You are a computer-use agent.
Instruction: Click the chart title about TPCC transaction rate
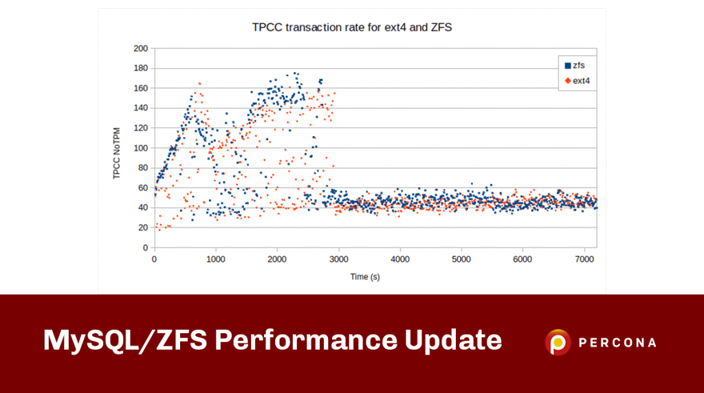pos(351,29)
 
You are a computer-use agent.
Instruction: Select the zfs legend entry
pos(574,65)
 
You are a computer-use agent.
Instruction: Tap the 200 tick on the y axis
pos(141,48)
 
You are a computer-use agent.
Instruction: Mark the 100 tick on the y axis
pos(141,148)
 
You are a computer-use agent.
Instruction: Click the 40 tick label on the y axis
pos(143,207)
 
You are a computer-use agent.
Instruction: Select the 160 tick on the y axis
pos(141,88)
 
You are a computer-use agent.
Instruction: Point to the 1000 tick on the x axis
pos(216,259)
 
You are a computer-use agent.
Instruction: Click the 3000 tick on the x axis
pos(338,259)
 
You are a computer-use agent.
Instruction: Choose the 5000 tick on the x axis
pos(461,259)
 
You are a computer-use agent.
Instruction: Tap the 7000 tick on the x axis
pos(584,259)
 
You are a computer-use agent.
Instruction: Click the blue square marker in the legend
pos(568,65)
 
